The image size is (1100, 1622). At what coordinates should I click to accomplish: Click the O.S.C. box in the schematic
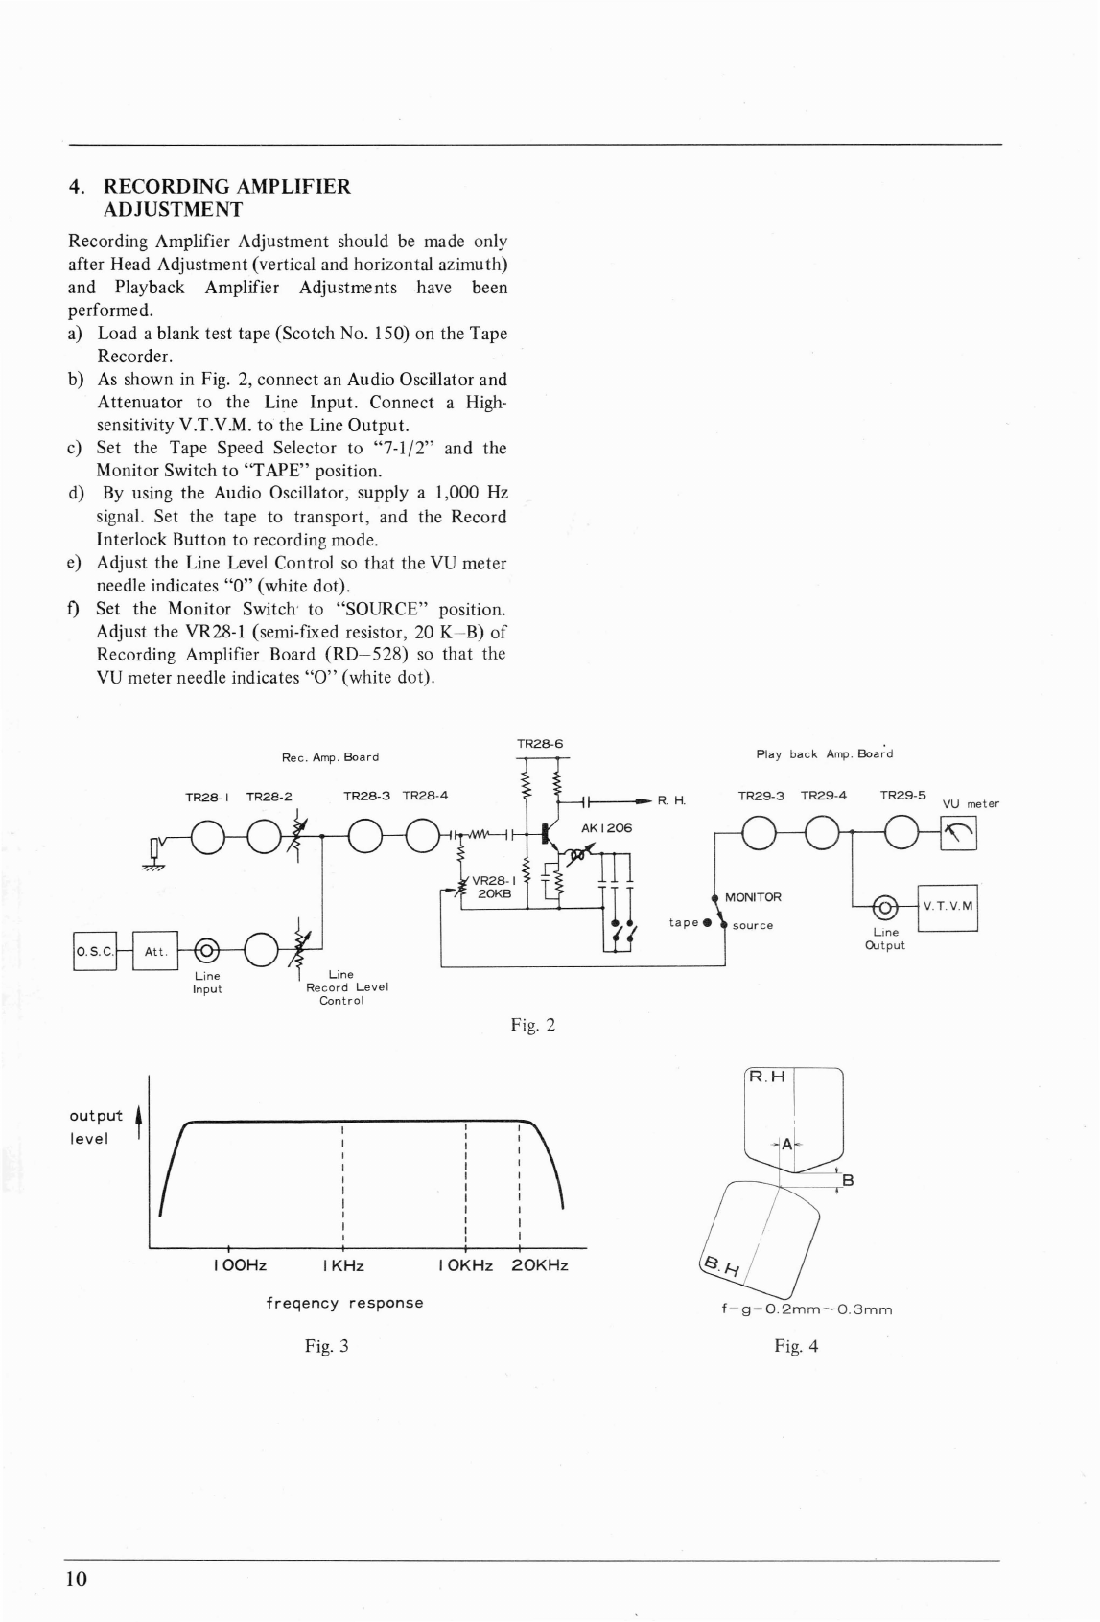(x=94, y=952)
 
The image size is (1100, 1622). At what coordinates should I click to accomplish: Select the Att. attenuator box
(x=155, y=952)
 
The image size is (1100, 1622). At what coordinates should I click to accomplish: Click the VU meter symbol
(x=959, y=836)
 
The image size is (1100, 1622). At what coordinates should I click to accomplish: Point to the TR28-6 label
(x=540, y=744)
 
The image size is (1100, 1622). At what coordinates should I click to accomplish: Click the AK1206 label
(x=607, y=827)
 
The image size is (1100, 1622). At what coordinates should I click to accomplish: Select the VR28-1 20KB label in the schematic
(x=495, y=887)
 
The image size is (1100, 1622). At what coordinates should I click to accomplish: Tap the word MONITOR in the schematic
(x=753, y=897)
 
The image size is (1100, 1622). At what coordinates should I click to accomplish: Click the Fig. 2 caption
(x=533, y=1026)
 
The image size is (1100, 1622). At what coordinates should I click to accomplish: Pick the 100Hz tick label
(x=240, y=1265)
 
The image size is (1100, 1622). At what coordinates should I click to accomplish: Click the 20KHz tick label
(x=540, y=1265)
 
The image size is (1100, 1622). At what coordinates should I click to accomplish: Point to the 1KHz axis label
(x=343, y=1265)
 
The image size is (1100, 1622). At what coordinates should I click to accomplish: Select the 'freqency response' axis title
(x=344, y=1303)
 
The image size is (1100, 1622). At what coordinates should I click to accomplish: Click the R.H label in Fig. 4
(x=767, y=1077)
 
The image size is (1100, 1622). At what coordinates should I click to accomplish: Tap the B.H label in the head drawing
(x=720, y=1267)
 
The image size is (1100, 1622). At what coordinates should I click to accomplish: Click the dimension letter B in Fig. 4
(x=848, y=1180)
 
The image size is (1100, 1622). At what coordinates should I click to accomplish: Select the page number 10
(x=77, y=1580)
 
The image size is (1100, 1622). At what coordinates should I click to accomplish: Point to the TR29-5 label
(x=903, y=796)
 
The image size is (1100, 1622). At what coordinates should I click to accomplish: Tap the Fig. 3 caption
(x=326, y=1346)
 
